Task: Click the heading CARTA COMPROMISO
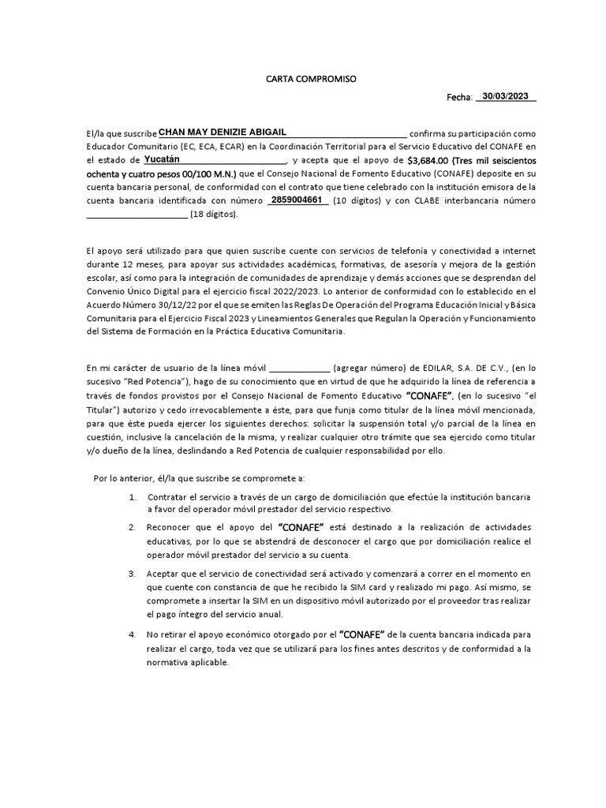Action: [x=311, y=80]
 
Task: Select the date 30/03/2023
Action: [x=505, y=96]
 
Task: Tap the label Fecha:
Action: [x=458, y=97]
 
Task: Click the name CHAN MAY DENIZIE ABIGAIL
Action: [x=223, y=132]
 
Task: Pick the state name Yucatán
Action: [x=162, y=159]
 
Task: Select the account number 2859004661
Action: [x=297, y=200]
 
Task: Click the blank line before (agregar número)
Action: [x=300, y=368]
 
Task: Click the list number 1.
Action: [x=131, y=497]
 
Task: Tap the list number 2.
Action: [x=131, y=527]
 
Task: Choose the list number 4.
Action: [x=131, y=634]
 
